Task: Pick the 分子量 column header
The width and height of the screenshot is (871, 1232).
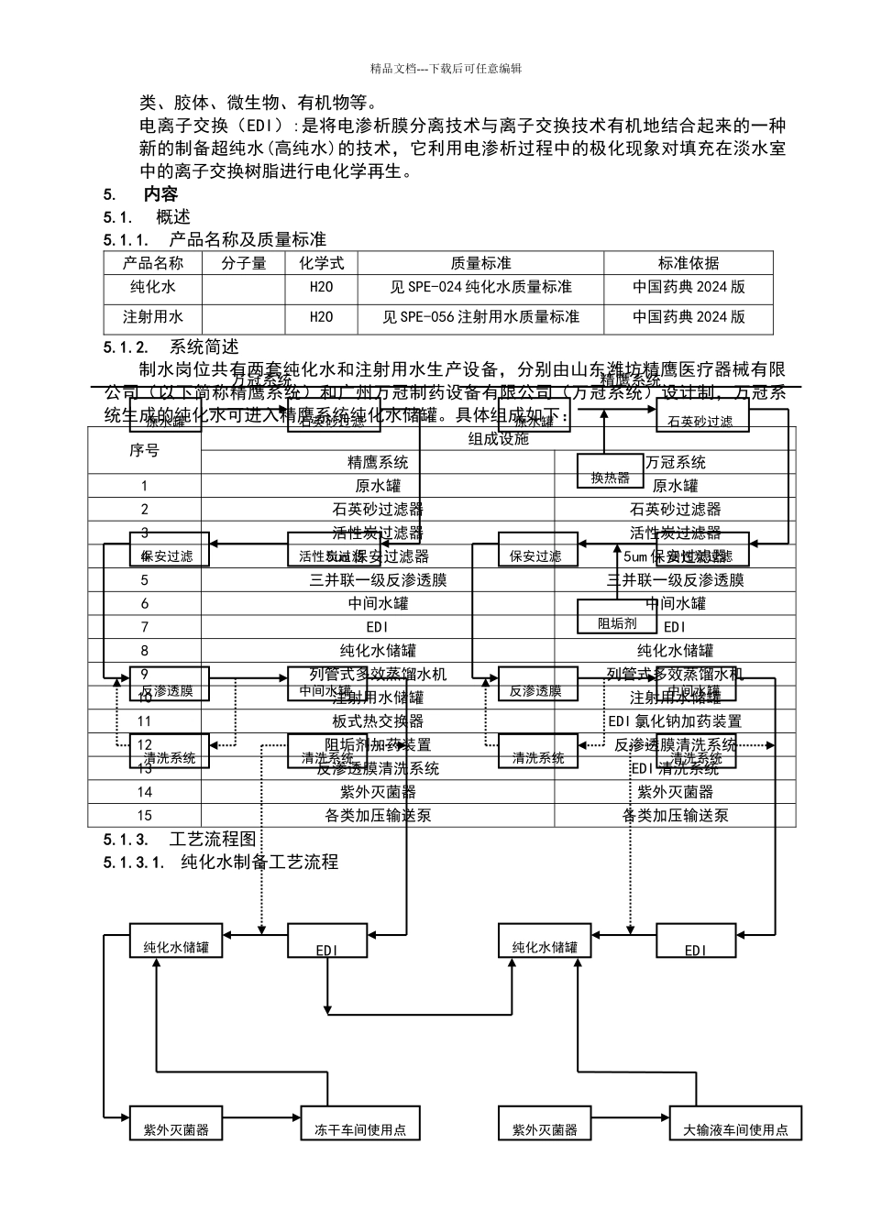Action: click(x=243, y=263)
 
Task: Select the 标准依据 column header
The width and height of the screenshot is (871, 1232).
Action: click(x=688, y=263)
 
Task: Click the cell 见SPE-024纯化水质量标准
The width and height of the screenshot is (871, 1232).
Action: click(x=480, y=287)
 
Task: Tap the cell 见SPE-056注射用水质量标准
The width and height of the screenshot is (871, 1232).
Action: click(x=480, y=317)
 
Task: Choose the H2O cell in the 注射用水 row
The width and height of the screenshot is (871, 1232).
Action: click(x=321, y=317)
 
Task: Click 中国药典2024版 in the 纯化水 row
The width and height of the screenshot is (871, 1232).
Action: click(x=688, y=287)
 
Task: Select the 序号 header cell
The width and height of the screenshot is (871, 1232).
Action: click(x=144, y=450)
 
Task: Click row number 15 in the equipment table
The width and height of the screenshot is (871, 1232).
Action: click(x=144, y=815)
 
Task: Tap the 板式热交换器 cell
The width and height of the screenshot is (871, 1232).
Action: click(x=378, y=721)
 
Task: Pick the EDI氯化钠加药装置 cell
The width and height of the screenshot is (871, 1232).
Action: click(x=675, y=721)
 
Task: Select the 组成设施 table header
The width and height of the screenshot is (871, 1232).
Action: click(x=498, y=438)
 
